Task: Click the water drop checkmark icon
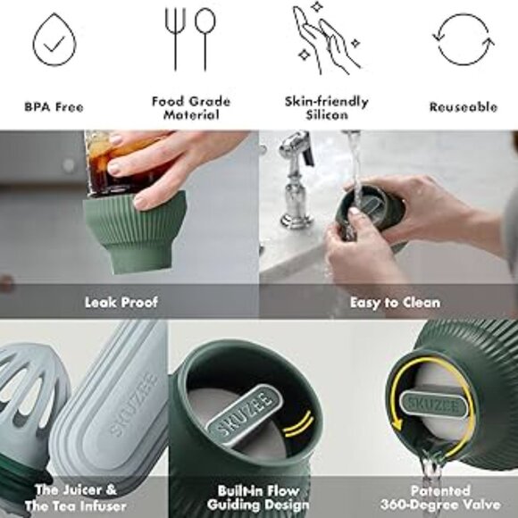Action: (x=53, y=40)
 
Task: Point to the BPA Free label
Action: (x=54, y=107)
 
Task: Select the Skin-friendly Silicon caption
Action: (x=326, y=107)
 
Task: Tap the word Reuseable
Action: (x=463, y=107)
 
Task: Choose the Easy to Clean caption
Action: (x=388, y=303)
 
